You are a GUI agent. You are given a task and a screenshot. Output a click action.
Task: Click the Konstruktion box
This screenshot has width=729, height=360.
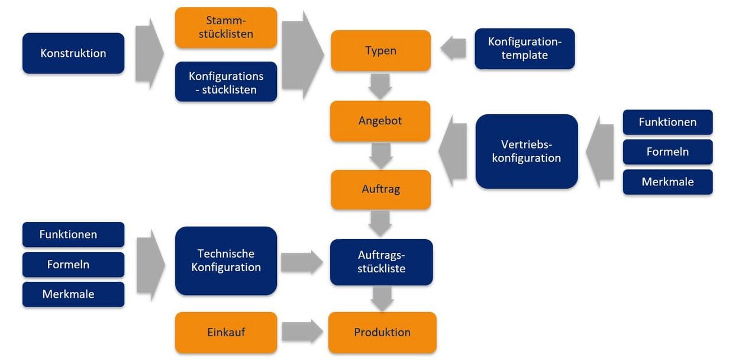(x=73, y=53)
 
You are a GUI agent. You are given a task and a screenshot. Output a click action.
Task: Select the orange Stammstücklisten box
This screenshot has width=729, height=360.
(x=226, y=27)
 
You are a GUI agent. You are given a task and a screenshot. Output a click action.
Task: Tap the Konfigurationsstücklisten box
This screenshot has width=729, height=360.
(x=226, y=82)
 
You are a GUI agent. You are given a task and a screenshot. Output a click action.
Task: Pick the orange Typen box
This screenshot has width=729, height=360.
(x=380, y=50)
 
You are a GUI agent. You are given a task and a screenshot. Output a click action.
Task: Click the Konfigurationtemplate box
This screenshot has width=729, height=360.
(x=524, y=49)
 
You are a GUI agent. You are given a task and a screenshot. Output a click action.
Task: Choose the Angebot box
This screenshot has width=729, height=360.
(x=380, y=121)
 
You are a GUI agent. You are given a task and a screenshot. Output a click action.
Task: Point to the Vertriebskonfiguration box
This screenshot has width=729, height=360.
(x=527, y=151)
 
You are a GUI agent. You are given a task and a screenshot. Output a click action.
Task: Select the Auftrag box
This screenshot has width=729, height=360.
(x=380, y=189)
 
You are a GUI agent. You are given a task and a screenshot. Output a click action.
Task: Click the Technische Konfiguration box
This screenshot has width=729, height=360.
(x=226, y=261)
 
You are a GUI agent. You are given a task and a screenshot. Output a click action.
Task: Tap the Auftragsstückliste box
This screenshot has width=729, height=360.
(x=381, y=262)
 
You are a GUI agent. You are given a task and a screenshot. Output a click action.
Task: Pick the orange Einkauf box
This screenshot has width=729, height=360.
(x=226, y=332)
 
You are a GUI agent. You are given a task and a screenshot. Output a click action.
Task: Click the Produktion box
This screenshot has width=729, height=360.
(x=382, y=332)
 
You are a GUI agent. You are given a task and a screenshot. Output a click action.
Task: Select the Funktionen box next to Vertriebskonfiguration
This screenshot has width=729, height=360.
(x=667, y=123)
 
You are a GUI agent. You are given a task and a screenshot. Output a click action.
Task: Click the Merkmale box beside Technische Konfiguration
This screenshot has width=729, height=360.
(x=73, y=294)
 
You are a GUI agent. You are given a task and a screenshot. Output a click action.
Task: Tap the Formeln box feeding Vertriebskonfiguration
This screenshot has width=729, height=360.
(x=667, y=152)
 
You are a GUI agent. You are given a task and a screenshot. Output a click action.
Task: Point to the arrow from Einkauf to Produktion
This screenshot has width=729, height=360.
(x=302, y=332)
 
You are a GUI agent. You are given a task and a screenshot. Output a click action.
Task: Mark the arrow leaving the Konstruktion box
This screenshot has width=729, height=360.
(x=148, y=53)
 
